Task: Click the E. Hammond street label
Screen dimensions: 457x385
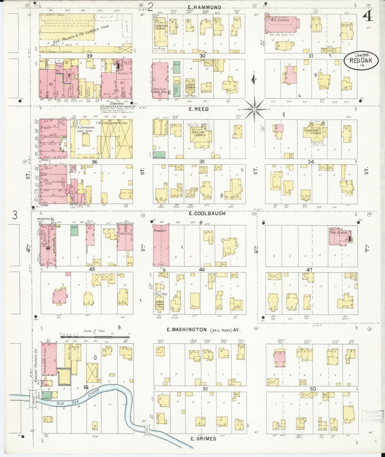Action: pyautogui.click(x=204, y=7)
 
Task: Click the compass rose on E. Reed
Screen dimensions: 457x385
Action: pyautogui.click(x=254, y=109)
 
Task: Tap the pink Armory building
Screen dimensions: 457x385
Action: pyautogui.click(x=161, y=244)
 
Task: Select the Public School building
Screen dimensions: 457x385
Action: pyautogui.click(x=339, y=236)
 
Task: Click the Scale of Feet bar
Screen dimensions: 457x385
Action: pyautogui.click(x=95, y=337)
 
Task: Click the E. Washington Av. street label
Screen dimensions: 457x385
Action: pyautogui.click(x=204, y=330)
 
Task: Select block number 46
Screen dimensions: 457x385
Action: pyautogui.click(x=202, y=270)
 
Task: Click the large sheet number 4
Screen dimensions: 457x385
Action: pyautogui.click(x=368, y=17)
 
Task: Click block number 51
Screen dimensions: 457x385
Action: pyautogui.click(x=205, y=389)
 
